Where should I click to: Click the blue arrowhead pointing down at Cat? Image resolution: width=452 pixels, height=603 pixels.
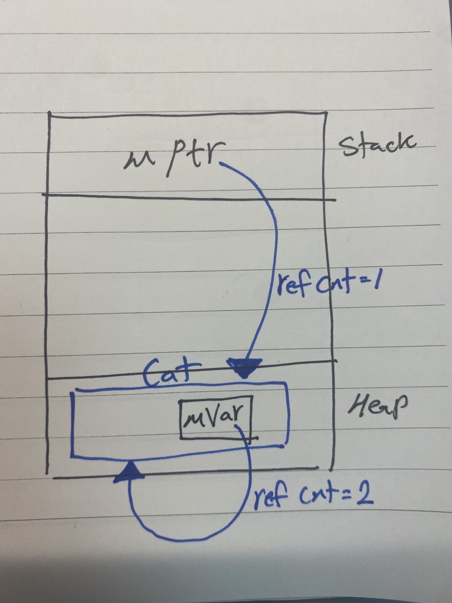point(244,367)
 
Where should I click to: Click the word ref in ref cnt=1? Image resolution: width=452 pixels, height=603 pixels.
point(293,286)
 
